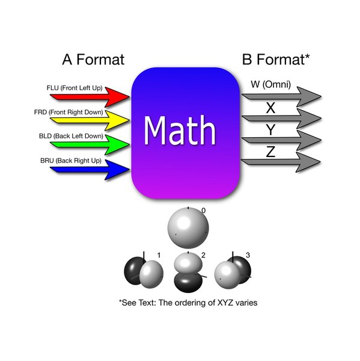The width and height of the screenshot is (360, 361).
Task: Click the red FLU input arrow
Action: click(90, 97)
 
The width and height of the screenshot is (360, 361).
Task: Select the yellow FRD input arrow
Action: click(90, 120)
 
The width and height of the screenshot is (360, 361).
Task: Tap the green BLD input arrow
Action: click(90, 144)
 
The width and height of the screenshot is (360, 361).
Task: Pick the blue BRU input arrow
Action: click(90, 170)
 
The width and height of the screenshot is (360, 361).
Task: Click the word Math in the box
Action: click(180, 131)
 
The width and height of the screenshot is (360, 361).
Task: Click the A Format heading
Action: click(93, 60)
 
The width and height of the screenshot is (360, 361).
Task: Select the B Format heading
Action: click(276, 60)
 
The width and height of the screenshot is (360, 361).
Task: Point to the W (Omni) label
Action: click(270, 84)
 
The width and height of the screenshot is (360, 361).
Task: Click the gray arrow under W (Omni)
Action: click(281, 97)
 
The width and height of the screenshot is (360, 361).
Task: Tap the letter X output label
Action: click(270, 108)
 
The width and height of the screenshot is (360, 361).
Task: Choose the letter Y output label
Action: click(270, 129)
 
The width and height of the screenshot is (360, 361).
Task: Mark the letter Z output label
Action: click(270, 152)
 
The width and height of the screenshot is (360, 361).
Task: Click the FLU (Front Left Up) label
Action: click(75, 88)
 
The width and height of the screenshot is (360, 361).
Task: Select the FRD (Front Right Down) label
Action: click(69, 112)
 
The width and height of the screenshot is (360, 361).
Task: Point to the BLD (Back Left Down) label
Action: click(71, 136)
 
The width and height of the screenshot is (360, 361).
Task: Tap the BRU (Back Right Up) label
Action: click(71, 161)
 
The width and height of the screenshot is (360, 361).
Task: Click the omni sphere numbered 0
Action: click(188, 228)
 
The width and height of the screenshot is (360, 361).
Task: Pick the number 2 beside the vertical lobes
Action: click(203, 255)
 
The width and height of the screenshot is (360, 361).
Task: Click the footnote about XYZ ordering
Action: click(188, 303)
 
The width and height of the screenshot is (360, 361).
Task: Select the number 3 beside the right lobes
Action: click(248, 255)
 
